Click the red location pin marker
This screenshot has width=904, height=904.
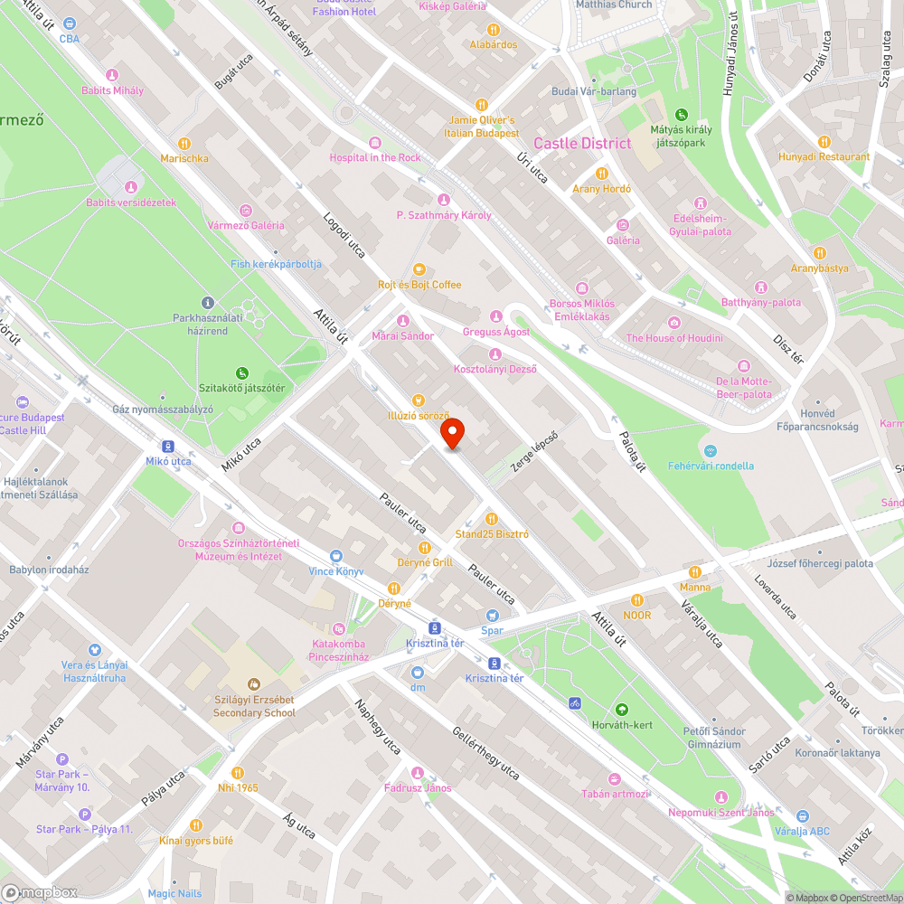tap(452, 433)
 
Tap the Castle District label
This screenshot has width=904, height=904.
tap(582, 144)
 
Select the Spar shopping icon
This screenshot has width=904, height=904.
tap(492, 614)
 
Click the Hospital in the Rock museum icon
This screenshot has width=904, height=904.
tap(375, 142)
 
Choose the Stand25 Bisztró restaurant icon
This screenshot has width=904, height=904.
tap(492, 519)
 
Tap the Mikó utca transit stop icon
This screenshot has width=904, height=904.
tap(168, 446)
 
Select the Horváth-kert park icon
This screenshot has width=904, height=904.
tap(621, 710)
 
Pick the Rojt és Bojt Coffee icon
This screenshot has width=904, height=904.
tap(419, 269)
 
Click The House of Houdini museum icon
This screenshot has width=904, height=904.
tap(674, 323)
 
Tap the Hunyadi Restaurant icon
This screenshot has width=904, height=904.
tap(824, 142)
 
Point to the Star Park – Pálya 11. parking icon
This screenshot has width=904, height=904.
tap(84, 814)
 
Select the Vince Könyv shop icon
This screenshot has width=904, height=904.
tap(336, 556)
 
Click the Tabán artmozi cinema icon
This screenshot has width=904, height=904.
tap(615, 778)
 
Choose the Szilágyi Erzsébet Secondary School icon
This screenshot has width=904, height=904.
tap(254, 683)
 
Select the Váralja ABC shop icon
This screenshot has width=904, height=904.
tap(804, 816)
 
